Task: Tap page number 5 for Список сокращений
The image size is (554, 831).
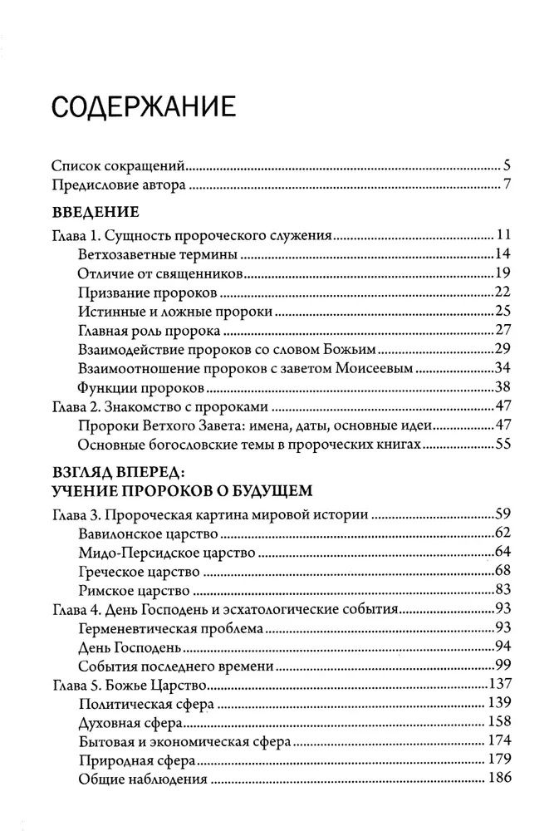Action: coord(505,164)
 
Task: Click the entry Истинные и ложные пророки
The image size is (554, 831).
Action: coord(175,311)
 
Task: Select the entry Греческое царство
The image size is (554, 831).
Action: coord(139,572)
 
